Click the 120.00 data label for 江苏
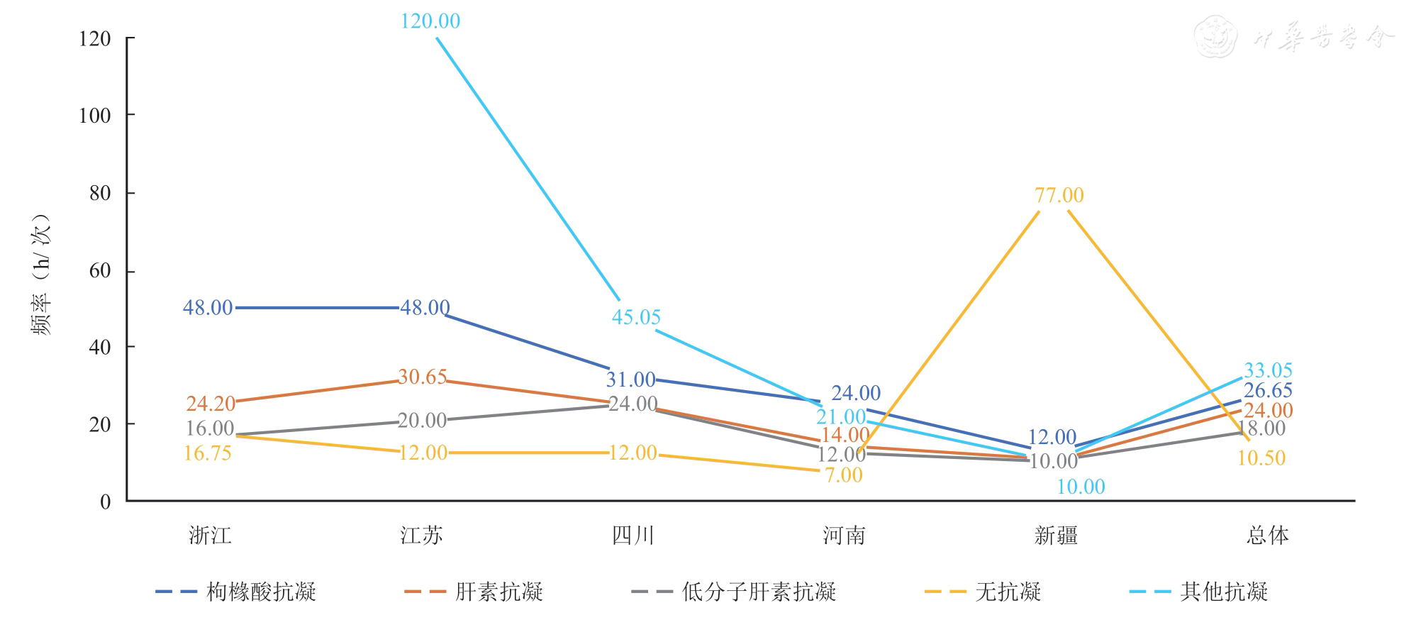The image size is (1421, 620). tap(430, 21)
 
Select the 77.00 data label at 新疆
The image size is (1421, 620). tap(1059, 195)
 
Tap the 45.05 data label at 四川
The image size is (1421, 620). tap(636, 317)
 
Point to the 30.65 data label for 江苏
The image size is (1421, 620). tap(422, 377)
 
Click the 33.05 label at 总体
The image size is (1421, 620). tap(1268, 370)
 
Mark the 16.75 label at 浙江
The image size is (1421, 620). tap(208, 453)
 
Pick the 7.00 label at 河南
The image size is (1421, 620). tap(844, 475)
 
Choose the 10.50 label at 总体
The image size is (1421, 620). tap(1261, 458)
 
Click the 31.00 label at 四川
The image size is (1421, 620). tap(630, 380)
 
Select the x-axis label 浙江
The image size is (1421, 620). tap(210, 536)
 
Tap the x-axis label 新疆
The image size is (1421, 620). tap(1056, 536)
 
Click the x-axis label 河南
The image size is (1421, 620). tap(844, 536)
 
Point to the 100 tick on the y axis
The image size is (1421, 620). tap(95, 116)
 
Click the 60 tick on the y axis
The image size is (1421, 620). tap(101, 270)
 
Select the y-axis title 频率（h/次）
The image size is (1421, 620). tap(42, 274)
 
